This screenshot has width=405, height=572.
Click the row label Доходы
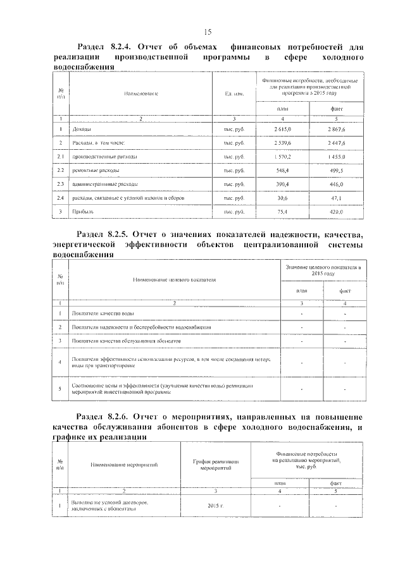coord(82,129)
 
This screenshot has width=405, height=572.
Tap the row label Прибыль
coord(84,211)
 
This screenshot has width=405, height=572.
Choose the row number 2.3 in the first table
coord(61,184)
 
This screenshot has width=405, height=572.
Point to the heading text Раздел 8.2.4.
coord(102,47)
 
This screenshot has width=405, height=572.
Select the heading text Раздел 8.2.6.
coord(102,417)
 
